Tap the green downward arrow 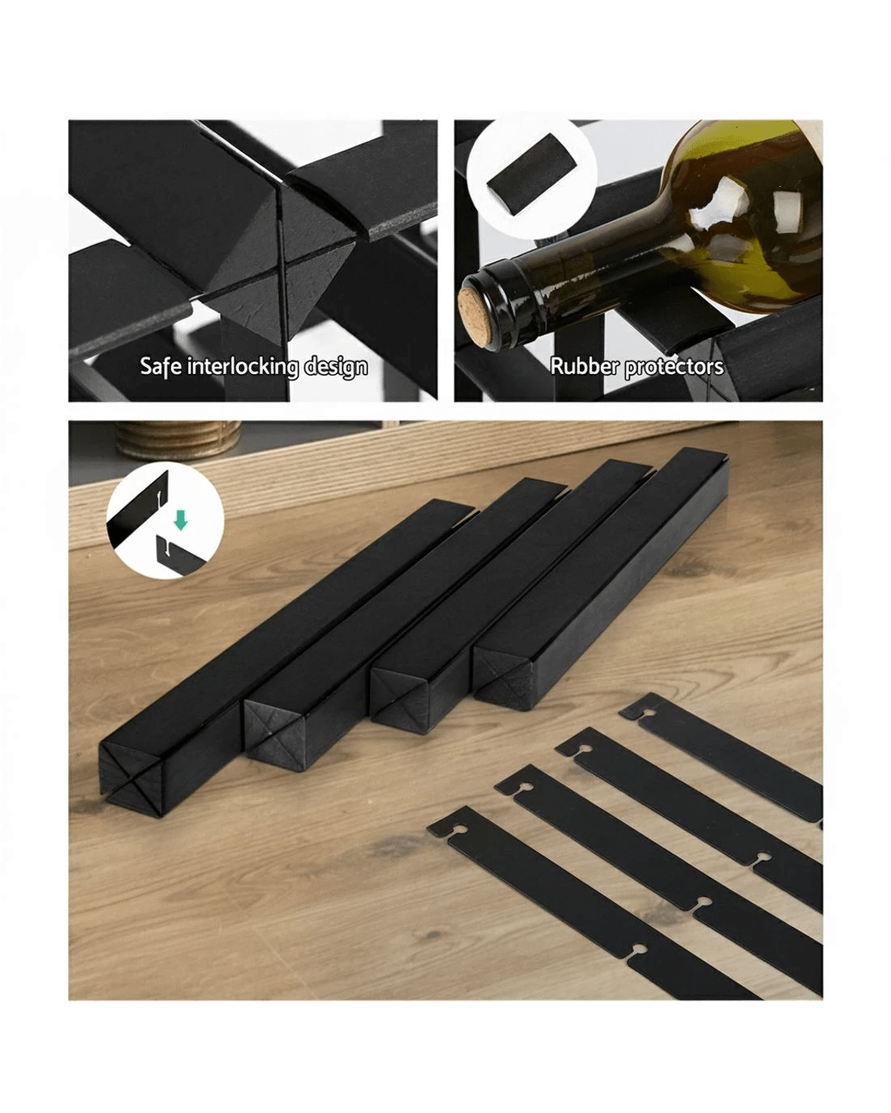[181, 520]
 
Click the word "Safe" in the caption [160, 366]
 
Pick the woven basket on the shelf [177, 440]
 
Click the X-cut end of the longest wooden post [130, 778]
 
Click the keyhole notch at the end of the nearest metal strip [455, 830]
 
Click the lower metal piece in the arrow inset [179, 556]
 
